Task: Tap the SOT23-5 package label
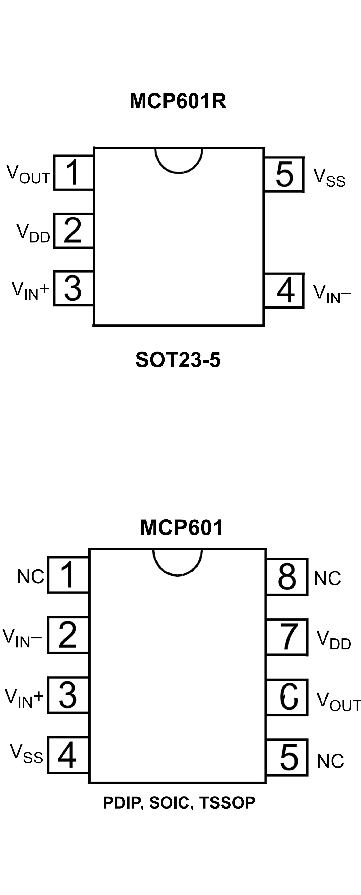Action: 178,360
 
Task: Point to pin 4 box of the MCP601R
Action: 284,290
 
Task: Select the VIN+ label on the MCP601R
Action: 30,290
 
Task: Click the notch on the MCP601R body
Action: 179,160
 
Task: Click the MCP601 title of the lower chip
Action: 181,528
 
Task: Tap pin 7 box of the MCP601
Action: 287,637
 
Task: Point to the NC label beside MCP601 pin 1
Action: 31,577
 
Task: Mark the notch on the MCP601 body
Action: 177,561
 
